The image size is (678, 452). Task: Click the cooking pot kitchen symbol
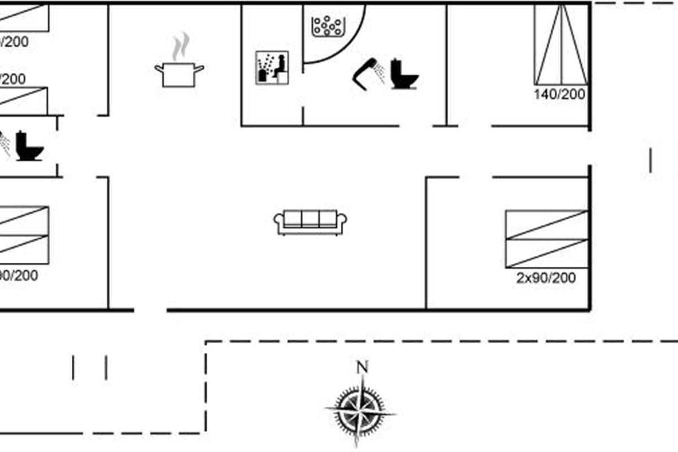(179, 74)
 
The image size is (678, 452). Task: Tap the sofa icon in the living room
(310, 221)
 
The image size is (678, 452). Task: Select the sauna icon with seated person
(272, 68)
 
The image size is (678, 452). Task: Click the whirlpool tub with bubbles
(328, 26)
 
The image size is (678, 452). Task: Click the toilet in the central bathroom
(406, 74)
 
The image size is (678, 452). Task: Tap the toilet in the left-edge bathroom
(29, 146)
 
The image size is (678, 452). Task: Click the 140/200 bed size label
(559, 94)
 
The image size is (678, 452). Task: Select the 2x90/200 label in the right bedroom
(546, 278)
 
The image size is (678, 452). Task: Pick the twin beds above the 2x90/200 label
(546, 238)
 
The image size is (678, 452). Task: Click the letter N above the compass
(362, 367)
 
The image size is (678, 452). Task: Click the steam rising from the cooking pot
(180, 46)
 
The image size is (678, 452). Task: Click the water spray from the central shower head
(382, 73)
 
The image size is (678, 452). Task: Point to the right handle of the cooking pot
(199, 68)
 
